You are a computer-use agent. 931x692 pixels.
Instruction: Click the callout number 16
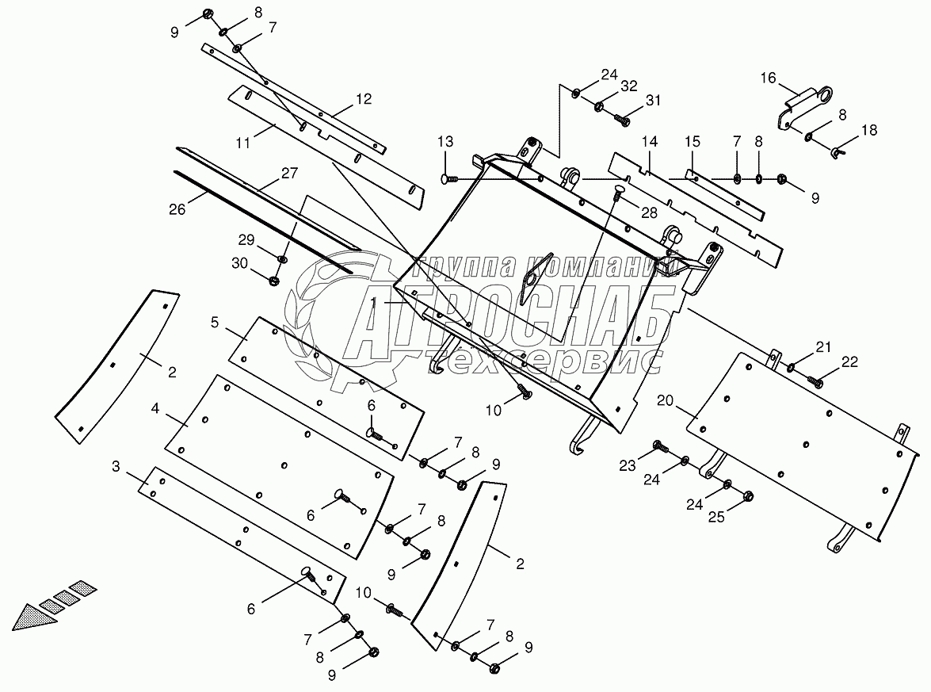[x=769, y=78]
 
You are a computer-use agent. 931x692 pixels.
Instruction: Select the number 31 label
[x=651, y=100]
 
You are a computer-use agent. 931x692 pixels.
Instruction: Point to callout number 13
[x=445, y=142]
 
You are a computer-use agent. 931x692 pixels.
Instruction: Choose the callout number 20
[x=665, y=401]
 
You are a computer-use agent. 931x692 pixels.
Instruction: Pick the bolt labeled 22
[x=815, y=383]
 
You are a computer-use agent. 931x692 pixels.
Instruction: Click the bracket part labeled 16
[x=808, y=105]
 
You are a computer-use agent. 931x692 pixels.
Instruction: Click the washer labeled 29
[x=284, y=258]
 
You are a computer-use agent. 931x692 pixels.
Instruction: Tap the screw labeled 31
[x=621, y=120]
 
